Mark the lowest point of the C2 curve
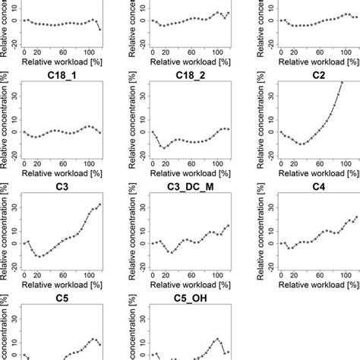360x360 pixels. [302, 144]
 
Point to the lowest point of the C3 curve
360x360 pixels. [40, 256]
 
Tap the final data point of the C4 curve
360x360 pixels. [356, 217]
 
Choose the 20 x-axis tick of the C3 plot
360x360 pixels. [38, 279]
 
